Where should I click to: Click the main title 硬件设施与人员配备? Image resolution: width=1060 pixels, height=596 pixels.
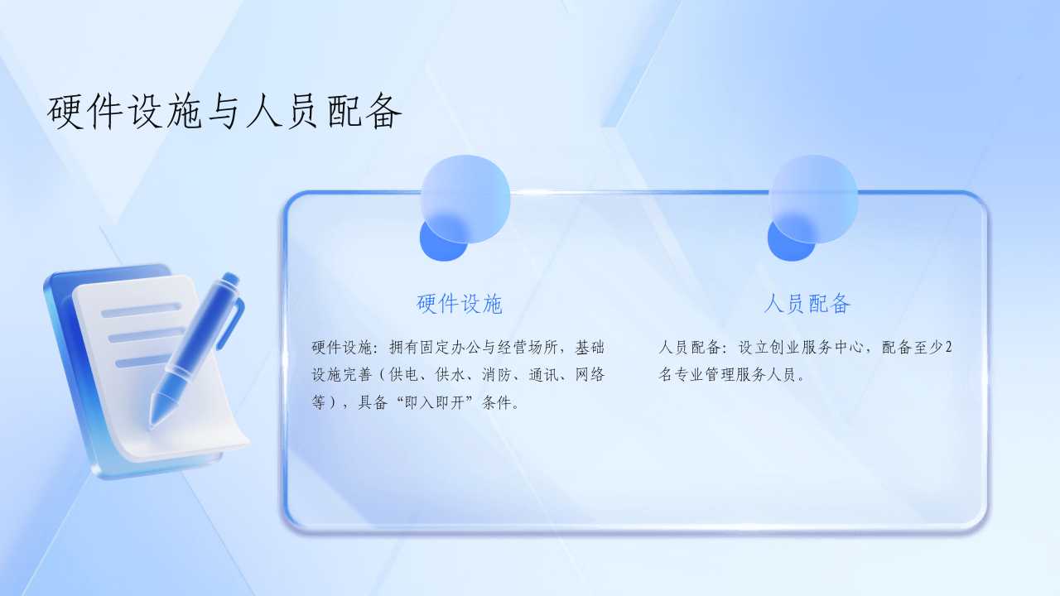click(224, 112)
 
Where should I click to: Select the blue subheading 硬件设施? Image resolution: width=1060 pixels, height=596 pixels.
click(459, 304)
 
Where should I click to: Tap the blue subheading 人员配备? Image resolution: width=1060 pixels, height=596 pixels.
click(807, 304)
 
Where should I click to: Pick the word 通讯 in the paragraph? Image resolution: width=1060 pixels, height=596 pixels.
click(543, 375)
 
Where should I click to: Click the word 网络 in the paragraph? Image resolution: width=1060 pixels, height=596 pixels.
click(590, 375)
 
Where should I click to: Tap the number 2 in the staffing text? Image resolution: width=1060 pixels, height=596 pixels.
click(948, 348)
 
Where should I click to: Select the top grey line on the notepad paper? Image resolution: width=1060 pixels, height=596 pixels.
click(141, 310)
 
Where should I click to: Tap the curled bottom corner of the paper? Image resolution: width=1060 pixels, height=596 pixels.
click(232, 442)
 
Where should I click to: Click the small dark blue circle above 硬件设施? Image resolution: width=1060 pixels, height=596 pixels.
click(442, 239)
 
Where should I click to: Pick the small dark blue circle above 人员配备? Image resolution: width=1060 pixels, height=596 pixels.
click(790, 239)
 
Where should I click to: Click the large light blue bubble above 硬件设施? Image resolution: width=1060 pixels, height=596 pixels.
click(465, 199)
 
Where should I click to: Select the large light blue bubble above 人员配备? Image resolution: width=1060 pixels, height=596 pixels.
click(814, 199)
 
